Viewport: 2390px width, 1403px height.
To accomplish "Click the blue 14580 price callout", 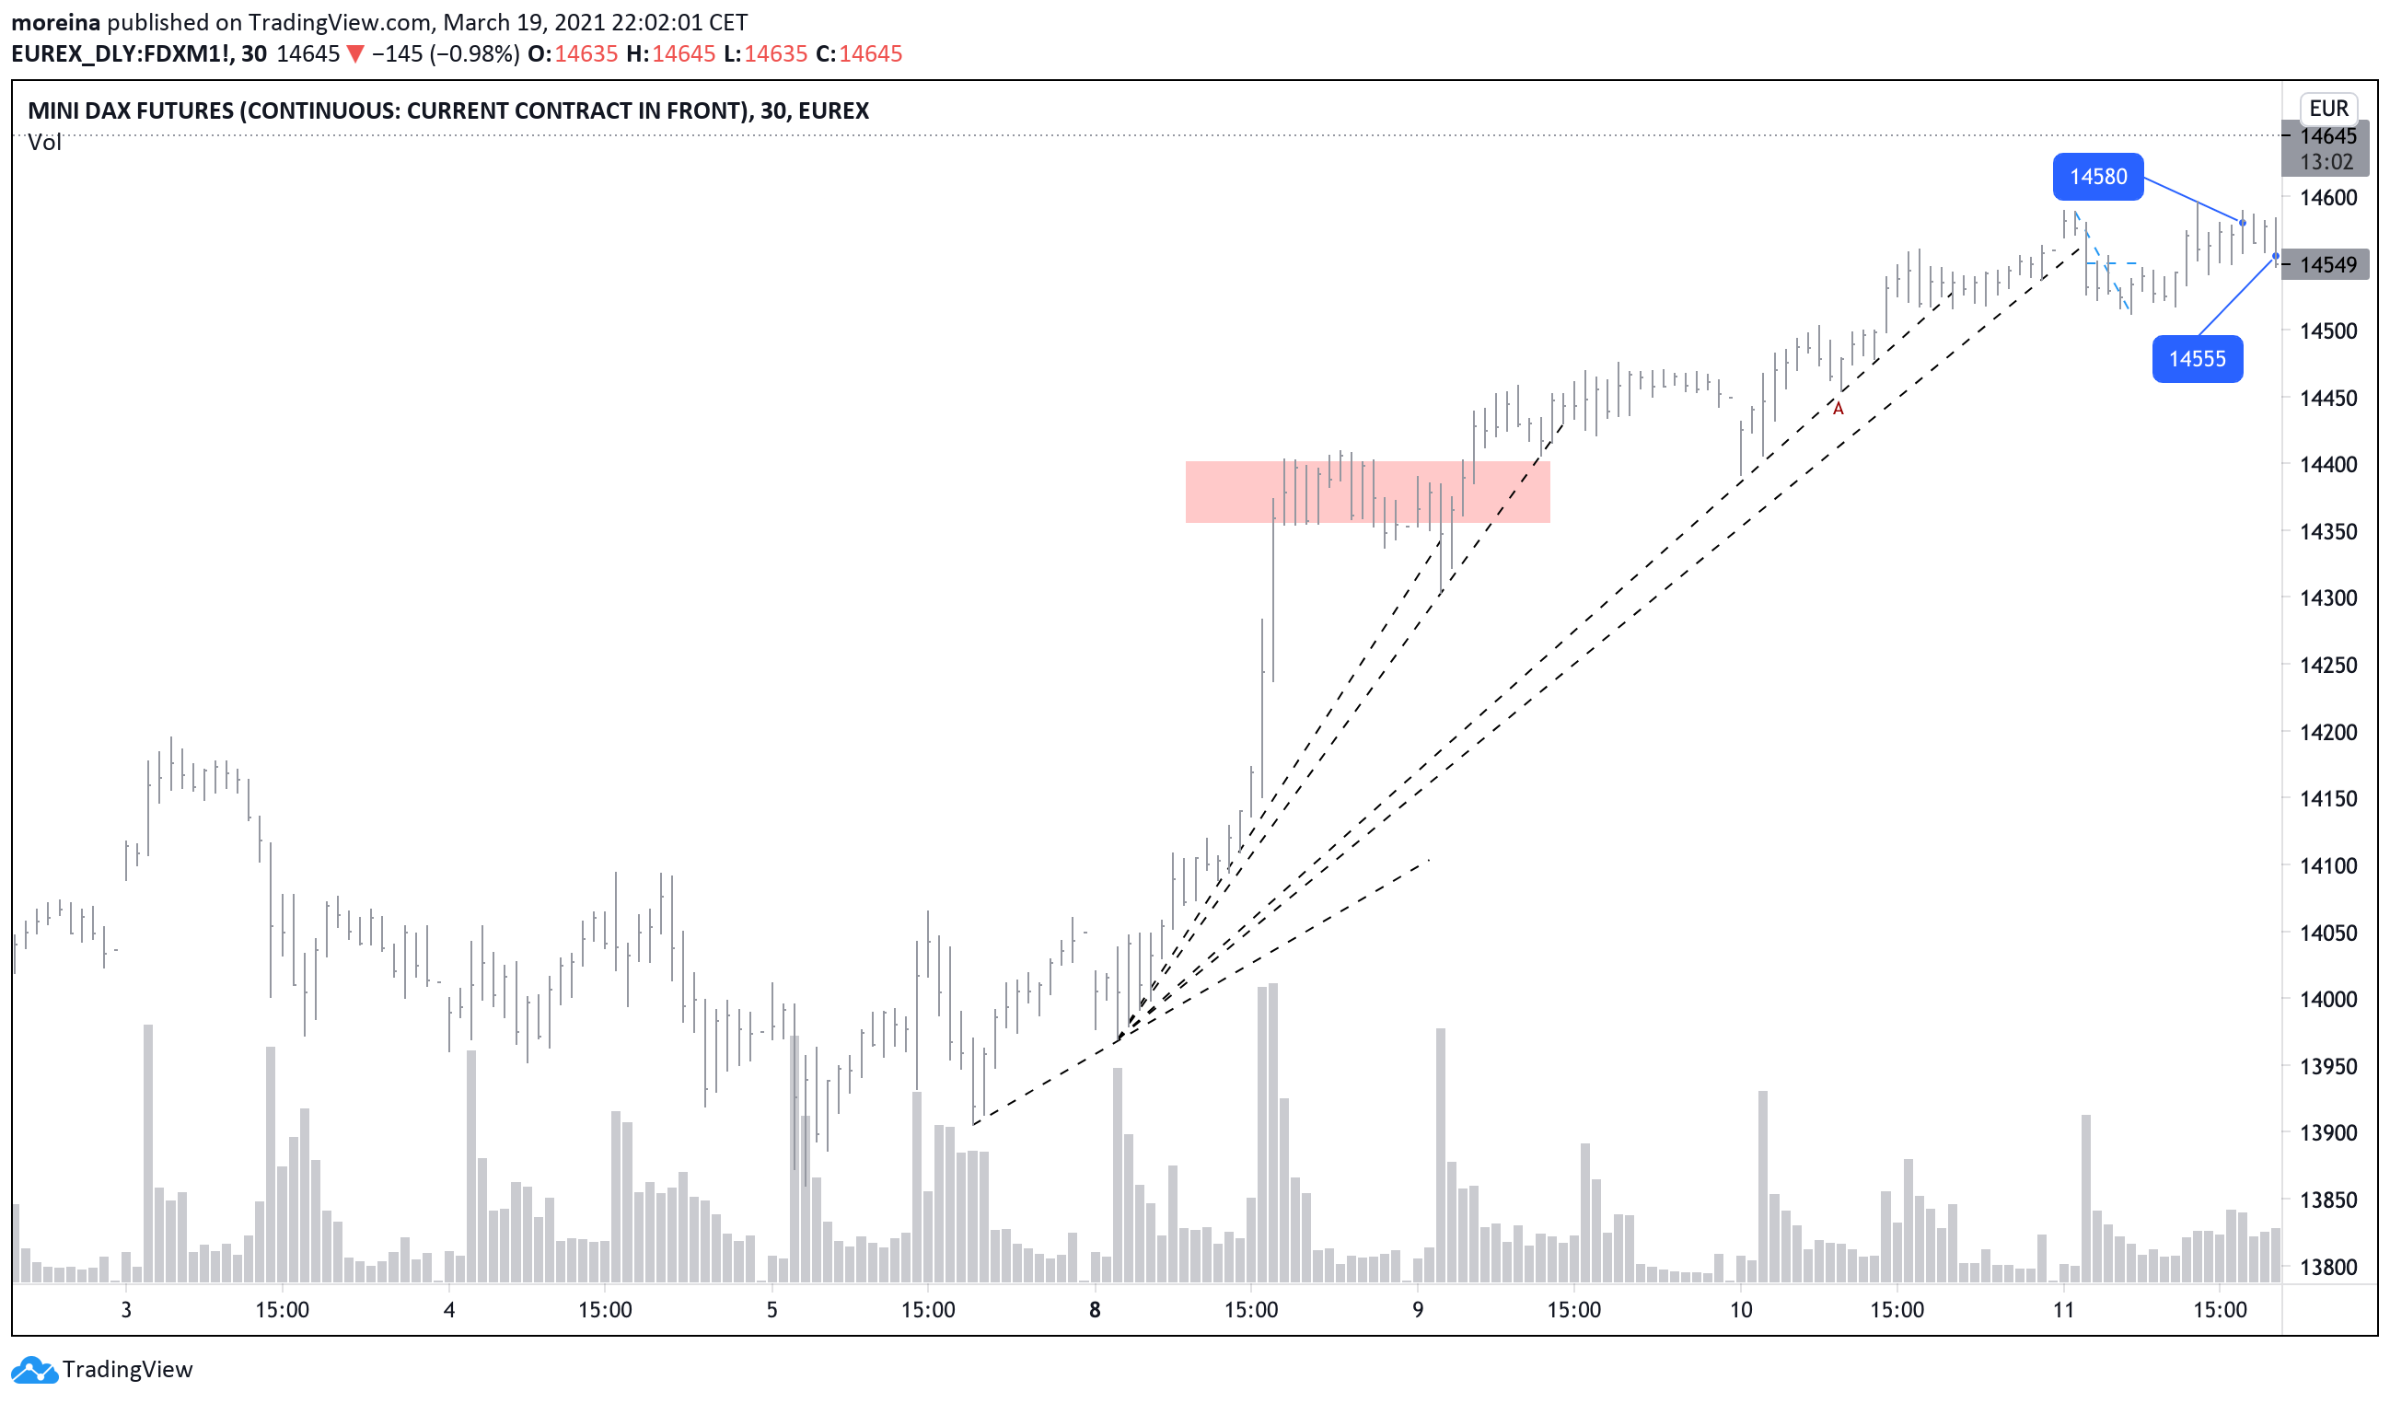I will (2097, 177).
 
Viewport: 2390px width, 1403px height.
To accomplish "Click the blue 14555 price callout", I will (2197, 359).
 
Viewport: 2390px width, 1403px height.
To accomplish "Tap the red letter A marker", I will (1838, 409).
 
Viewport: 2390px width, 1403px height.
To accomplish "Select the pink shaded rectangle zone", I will (1366, 492).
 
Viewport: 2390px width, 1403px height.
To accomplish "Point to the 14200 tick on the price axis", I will (2327, 732).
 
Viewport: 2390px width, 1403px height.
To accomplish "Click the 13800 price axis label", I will (2327, 1268).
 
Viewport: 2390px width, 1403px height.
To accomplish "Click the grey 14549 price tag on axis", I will (2327, 264).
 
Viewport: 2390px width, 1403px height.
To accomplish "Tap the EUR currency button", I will (2328, 108).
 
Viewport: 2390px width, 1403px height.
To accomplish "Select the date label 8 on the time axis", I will (1095, 1311).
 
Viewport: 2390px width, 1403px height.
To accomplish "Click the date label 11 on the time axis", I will (2063, 1311).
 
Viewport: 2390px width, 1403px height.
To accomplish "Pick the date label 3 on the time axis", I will (126, 1311).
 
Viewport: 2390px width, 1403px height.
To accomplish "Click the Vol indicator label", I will (43, 143).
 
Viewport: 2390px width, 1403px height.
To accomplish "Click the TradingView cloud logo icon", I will (33, 1370).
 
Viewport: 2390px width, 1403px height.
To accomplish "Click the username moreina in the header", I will (55, 22).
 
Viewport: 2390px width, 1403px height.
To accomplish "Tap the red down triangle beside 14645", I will (354, 54).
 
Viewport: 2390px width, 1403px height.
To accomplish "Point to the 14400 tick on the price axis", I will (2327, 465).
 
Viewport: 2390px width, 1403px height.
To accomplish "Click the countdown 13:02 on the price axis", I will (2326, 162).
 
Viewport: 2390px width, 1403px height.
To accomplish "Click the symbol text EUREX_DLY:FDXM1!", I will (122, 54).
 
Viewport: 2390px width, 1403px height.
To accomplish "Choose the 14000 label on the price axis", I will (2327, 1000).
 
